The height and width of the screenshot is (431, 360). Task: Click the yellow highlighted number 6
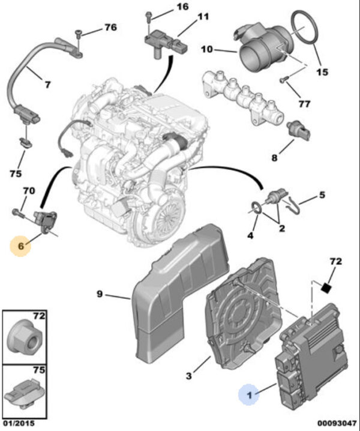coord(21,246)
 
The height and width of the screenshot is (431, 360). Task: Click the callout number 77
coord(304,104)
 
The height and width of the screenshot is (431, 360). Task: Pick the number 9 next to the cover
coord(101,294)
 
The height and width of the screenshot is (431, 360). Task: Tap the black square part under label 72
coord(326,288)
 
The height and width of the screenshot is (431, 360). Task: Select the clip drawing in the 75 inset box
coord(23,393)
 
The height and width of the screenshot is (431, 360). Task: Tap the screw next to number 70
coord(16,212)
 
